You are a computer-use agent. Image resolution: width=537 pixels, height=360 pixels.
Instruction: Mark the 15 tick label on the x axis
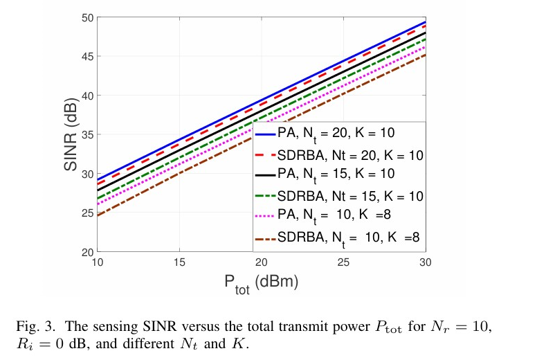click(x=179, y=262)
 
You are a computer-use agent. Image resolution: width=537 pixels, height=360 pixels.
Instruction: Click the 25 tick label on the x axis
click(x=344, y=262)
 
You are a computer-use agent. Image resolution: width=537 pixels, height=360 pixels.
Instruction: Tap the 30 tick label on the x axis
click(x=425, y=262)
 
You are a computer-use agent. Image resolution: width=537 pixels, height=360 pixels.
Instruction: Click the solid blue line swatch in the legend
click(x=265, y=132)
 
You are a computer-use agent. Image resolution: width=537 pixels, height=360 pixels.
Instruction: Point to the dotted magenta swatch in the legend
click(x=265, y=217)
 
